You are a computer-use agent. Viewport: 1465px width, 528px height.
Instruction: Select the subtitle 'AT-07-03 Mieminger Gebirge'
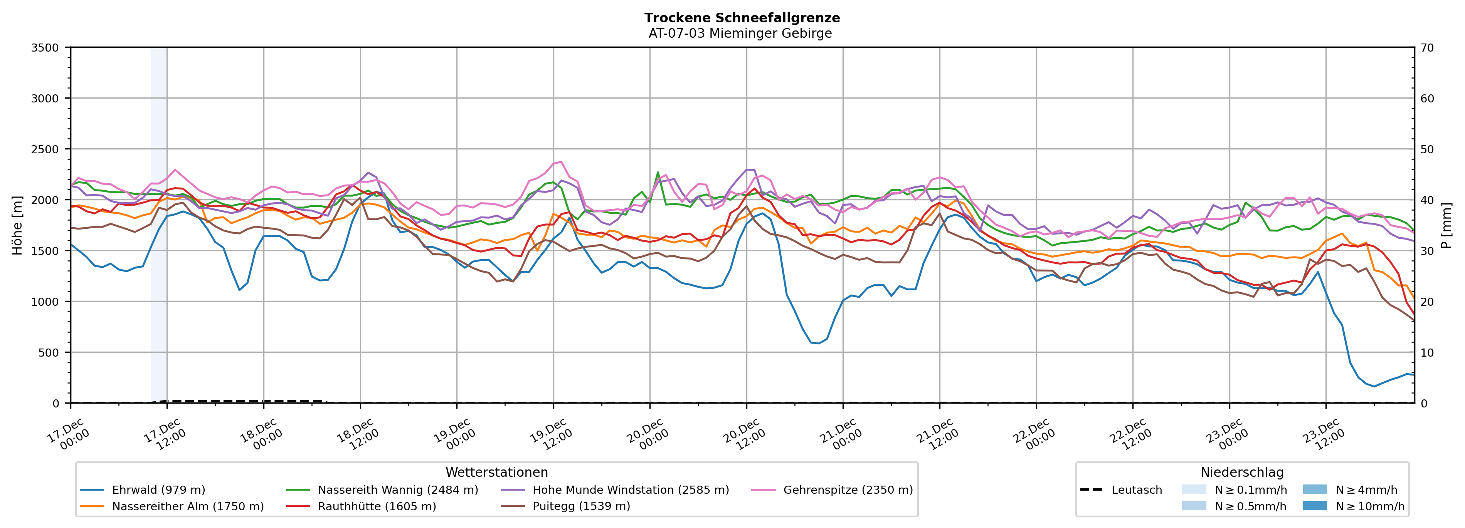[740, 34]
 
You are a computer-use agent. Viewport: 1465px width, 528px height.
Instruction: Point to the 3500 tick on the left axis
[45, 48]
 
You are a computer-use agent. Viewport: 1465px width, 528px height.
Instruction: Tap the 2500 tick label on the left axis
[45, 149]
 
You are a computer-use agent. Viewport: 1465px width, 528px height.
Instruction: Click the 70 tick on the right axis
[1427, 48]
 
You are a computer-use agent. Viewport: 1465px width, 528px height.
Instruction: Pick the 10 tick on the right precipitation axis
[1427, 352]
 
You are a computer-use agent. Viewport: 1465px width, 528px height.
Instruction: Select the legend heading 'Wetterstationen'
[496, 472]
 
